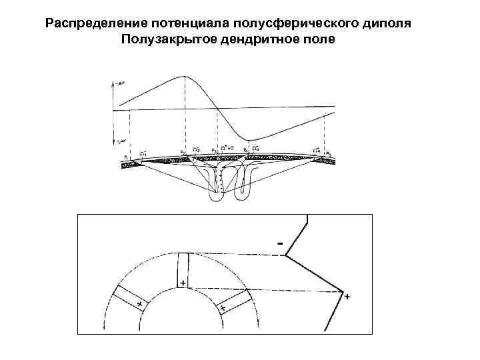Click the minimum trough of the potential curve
(248, 139)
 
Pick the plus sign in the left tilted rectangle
(139, 304)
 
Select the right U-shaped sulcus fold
(243, 183)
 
